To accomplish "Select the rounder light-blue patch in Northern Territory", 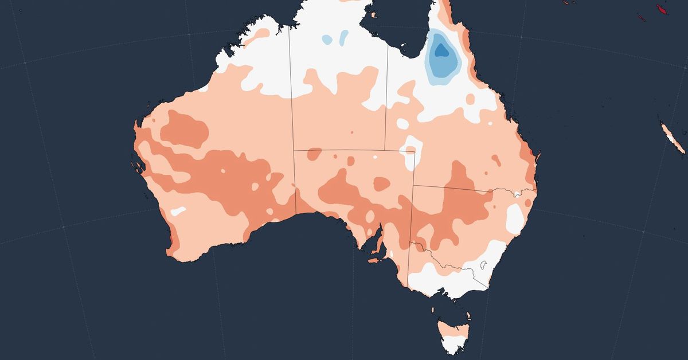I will pyautogui.click(x=327, y=40).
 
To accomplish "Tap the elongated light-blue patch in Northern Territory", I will pyautogui.click(x=343, y=38).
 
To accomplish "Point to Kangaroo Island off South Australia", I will pyautogui.click(x=376, y=260).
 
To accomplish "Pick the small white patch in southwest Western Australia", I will pyautogui.click(x=178, y=210).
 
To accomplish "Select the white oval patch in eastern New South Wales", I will pyautogui.click(x=515, y=220).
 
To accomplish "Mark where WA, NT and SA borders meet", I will pyautogui.click(x=294, y=150).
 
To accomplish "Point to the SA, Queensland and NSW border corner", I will pyautogui.click(x=413, y=186).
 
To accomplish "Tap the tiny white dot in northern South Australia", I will pyautogui.click(x=375, y=156).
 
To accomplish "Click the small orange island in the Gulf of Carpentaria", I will pyautogui.click(x=373, y=14).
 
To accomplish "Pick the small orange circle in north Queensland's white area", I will pyautogui.click(x=470, y=100).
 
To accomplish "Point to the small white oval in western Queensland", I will pyautogui.click(x=403, y=124).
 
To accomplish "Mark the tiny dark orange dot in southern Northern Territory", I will pyautogui.click(x=351, y=132).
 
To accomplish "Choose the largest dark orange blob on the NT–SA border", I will pyautogui.click(x=314, y=154).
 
